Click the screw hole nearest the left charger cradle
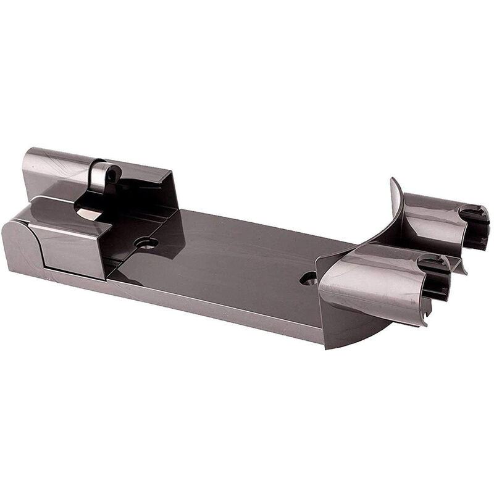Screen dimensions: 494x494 point(147,243)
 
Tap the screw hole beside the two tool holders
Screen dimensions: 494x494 point(308,278)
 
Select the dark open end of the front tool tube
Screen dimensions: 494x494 point(436,278)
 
